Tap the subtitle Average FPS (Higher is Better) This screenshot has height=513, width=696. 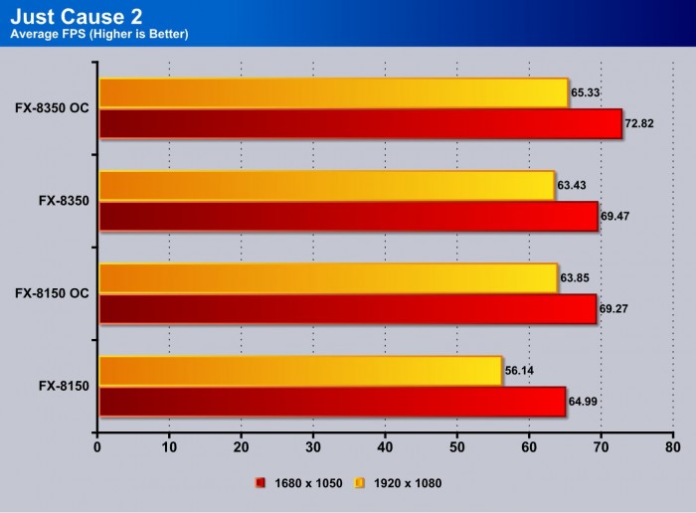coord(99,35)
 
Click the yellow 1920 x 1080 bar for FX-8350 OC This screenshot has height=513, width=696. coord(333,92)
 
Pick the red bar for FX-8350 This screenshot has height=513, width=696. coord(348,217)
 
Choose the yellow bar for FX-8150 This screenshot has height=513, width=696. coord(299,371)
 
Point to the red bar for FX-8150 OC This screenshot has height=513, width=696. coord(347,309)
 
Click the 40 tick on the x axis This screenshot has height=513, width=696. coord(385,448)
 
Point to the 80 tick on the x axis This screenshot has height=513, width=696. coord(672,448)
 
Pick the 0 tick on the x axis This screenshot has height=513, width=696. coord(97,448)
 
